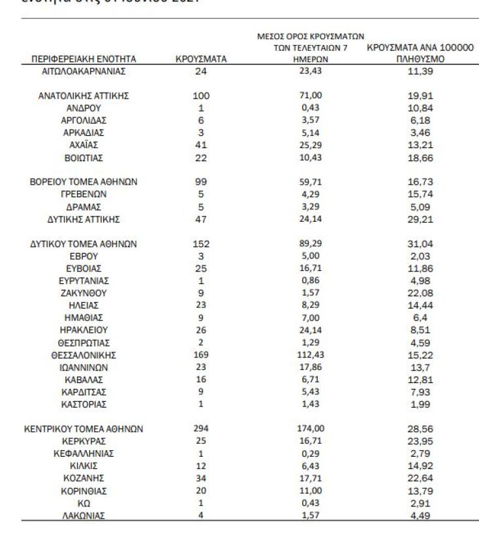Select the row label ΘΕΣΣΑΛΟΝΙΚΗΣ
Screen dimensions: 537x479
pos(84,355)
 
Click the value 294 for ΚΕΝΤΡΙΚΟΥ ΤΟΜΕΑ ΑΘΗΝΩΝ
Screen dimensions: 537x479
pos(201,429)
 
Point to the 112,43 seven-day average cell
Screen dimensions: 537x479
pos(311,355)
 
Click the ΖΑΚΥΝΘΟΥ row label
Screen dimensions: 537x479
pos(84,293)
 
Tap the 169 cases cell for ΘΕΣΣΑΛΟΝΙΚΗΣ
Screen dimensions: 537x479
pos(201,355)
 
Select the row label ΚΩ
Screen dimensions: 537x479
pos(84,503)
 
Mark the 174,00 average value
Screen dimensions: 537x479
pos(311,429)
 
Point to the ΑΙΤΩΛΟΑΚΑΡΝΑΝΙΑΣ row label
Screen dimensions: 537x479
pos(84,71)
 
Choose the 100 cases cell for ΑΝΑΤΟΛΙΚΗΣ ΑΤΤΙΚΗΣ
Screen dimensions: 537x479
pos(201,96)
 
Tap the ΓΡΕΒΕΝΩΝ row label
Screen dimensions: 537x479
pos(84,194)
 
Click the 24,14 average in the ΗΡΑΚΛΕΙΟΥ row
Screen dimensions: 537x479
pos(311,330)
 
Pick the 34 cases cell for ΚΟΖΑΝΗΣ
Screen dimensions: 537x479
pos(201,478)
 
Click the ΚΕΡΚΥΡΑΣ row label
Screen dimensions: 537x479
pos(84,441)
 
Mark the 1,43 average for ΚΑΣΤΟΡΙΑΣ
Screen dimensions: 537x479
pos(311,405)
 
